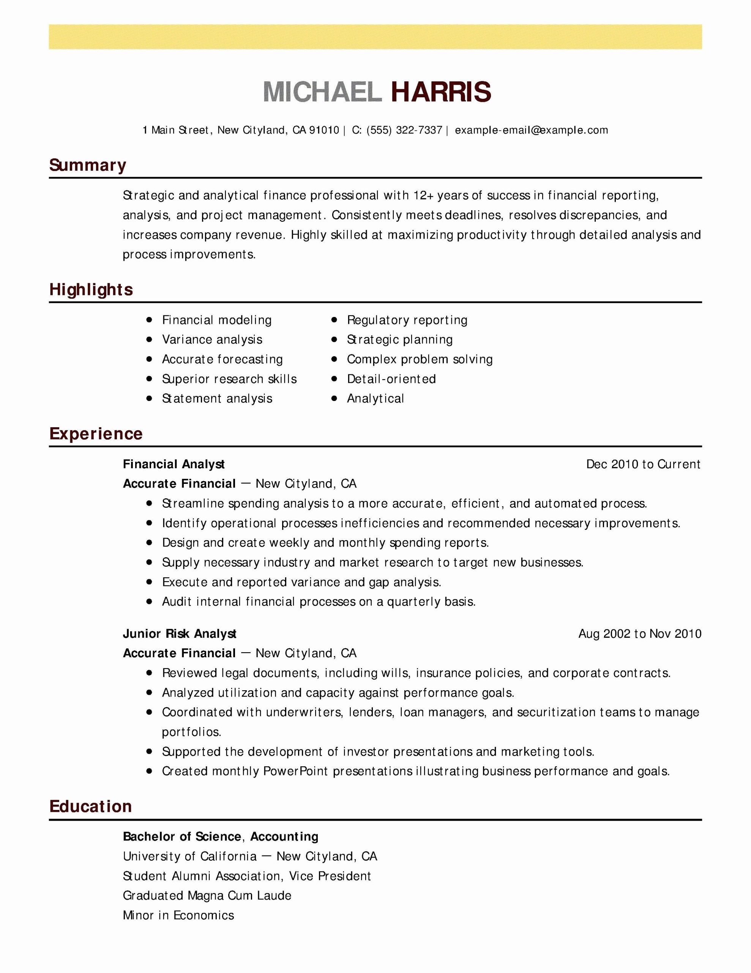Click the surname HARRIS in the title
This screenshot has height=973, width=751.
pyautogui.click(x=441, y=92)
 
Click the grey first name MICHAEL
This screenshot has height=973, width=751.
pyautogui.click(x=322, y=92)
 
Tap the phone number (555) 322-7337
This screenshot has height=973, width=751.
pyautogui.click(x=404, y=130)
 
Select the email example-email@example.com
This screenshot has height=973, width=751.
pyautogui.click(x=531, y=130)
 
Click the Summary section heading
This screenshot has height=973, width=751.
pyautogui.click(x=88, y=165)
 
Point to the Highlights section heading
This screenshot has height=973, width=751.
pyautogui.click(x=91, y=290)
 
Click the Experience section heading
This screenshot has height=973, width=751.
pyautogui.click(x=96, y=434)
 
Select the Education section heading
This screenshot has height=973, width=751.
pyautogui.click(x=90, y=807)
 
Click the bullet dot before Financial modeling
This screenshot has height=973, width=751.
pyautogui.click(x=149, y=320)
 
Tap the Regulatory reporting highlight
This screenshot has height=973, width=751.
pyautogui.click(x=407, y=320)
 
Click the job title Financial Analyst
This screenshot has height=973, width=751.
pyautogui.click(x=174, y=464)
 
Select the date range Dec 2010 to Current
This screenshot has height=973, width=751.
pyautogui.click(x=643, y=464)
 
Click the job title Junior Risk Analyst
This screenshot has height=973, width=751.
pyautogui.click(x=180, y=634)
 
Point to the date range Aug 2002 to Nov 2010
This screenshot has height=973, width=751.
pyautogui.click(x=639, y=634)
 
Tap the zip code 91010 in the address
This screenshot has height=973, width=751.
pyautogui.click(x=324, y=130)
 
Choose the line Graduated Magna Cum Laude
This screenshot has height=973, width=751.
pyautogui.click(x=207, y=895)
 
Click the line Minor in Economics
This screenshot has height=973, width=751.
pyautogui.click(x=178, y=915)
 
